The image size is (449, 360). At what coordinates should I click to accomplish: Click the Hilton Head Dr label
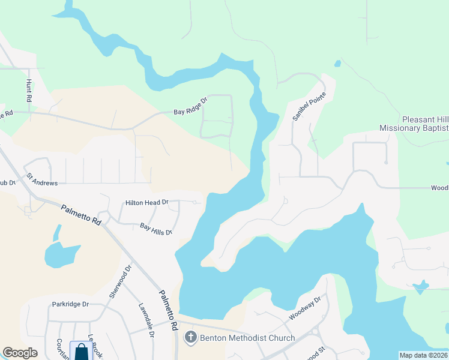click(x=147, y=203)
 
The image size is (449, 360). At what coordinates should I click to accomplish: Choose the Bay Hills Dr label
click(x=156, y=229)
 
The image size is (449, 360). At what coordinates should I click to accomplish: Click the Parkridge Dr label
click(x=70, y=304)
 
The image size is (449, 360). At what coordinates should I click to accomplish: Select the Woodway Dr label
click(x=306, y=307)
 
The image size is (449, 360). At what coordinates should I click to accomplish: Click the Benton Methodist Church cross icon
click(x=190, y=338)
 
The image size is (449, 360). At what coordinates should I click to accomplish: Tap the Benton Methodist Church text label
click(x=247, y=338)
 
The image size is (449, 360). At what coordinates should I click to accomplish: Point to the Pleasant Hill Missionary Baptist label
click(x=414, y=124)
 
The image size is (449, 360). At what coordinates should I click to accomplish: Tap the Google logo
click(x=20, y=353)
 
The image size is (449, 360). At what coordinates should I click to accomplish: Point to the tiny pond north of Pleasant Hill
click(x=337, y=63)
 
